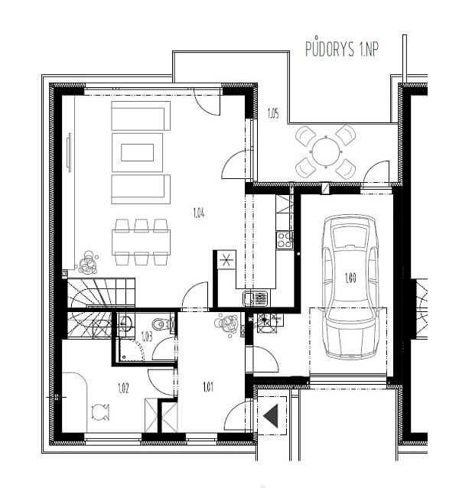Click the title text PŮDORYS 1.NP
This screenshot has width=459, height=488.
342,48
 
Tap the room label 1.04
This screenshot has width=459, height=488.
199,213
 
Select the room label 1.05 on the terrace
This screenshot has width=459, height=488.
273,114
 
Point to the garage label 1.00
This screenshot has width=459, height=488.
350,278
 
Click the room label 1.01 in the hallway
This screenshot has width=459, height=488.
208,387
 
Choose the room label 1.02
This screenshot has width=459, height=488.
123,388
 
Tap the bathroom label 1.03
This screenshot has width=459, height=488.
147,337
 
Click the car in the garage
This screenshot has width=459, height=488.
350,287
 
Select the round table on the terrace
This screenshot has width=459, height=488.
326,151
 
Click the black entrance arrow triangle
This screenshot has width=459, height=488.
272,416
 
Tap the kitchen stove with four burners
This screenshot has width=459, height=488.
285,240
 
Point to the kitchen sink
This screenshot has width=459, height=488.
256,298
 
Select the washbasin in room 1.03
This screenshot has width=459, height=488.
126,323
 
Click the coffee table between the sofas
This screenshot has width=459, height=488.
137,152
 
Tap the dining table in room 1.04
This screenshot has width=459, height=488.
141,242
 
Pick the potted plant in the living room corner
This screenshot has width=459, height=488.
88,263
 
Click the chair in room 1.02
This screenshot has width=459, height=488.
100,412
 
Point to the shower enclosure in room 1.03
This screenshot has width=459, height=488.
132,350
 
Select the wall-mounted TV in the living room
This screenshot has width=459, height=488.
70,152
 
